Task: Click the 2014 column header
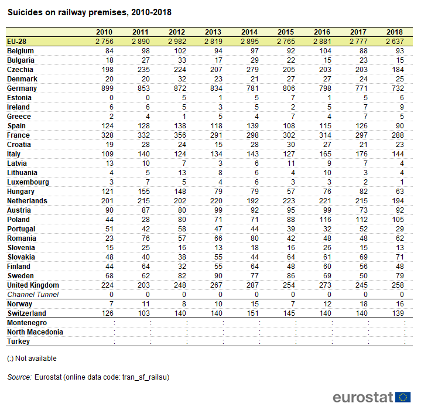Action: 249,32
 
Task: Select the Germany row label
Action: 22,88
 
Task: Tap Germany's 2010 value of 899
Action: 107,88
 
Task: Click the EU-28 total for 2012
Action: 177,42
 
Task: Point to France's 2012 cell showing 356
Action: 180,135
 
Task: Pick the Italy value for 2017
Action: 361,154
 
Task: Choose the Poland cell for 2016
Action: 325,220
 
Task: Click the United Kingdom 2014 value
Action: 252,285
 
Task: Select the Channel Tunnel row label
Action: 33,295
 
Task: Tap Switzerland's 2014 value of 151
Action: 252,313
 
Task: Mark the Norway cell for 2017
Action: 364,304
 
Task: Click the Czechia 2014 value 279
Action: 252,70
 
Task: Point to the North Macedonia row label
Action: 35,332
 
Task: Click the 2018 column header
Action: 395,32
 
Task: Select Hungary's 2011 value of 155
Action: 143,192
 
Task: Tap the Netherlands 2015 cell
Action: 289,201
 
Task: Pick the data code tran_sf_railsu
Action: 145,377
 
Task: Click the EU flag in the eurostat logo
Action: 403,397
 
